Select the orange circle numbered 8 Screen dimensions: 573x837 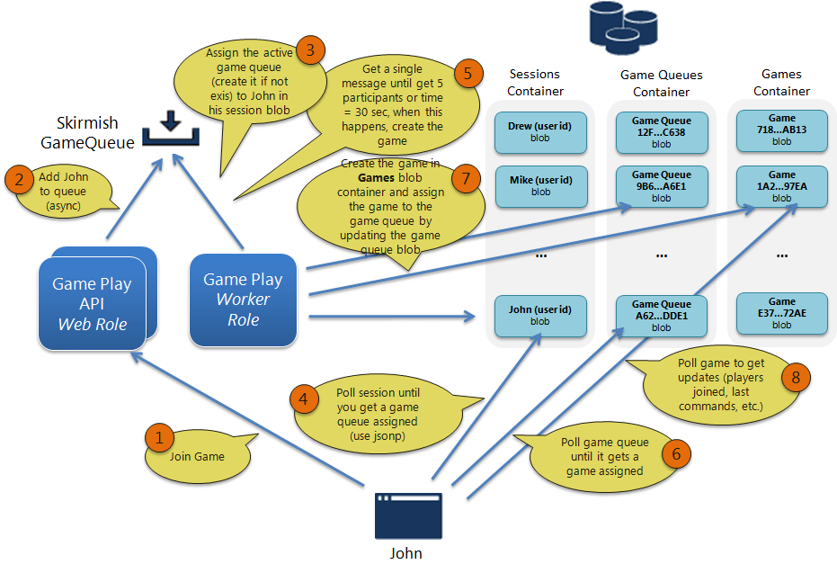pyautogui.click(x=795, y=378)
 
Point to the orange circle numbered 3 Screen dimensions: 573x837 pyautogui.click(x=310, y=50)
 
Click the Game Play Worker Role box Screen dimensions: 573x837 pyautogui.click(x=244, y=300)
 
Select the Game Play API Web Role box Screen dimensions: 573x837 pyautogui.click(x=92, y=303)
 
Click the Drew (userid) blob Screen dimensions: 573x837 pyautogui.click(x=540, y=131)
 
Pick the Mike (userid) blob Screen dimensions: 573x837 pyautogui.click(x=540, y=185)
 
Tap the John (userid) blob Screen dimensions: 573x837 pyautogui.click(x=540, y=315)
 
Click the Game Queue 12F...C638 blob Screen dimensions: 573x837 pyautogui.click(x=661, y=131)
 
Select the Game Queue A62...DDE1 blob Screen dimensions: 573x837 pyautogui.click(x=661, y=316)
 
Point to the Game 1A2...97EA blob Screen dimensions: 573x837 pyautogui.click(x=781, y=186)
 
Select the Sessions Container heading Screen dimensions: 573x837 pyautogui.click(x=535, y=83)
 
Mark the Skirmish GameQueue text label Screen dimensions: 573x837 pyautogui.click(x=89, y=131)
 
